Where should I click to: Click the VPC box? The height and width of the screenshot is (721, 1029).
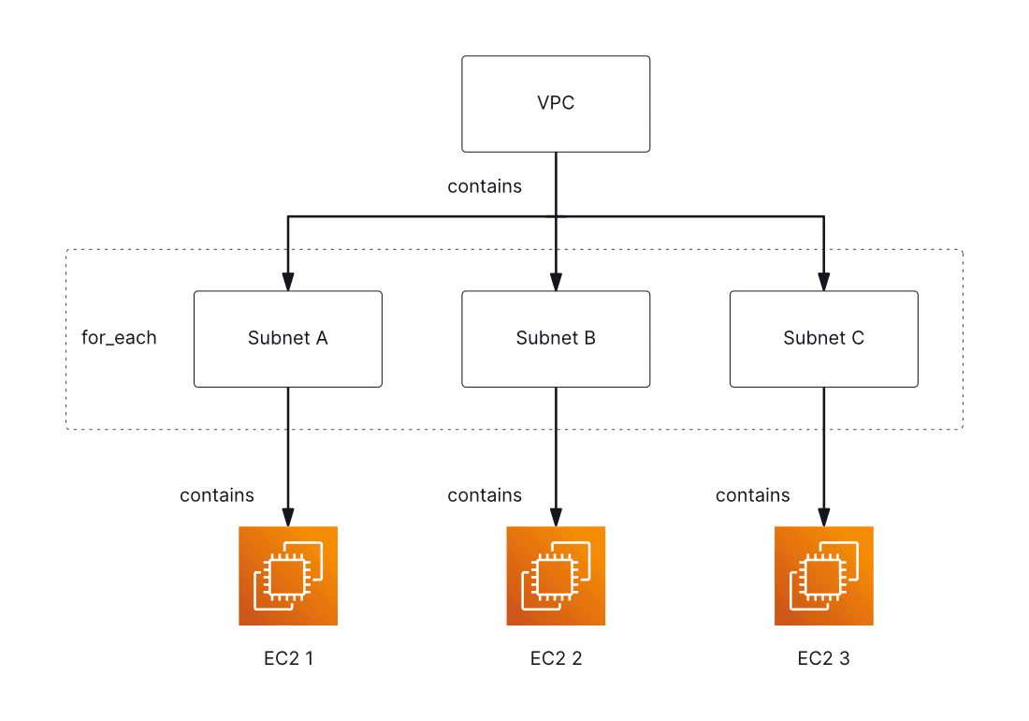click(x=556, y=104)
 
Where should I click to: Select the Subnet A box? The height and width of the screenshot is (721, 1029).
click(x=288, y=339)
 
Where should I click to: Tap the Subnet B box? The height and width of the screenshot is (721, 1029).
click(x=556, y=339)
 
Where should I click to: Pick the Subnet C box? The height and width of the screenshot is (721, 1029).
click(x=823, y=339)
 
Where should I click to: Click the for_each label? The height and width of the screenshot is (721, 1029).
click(x=119, y=338)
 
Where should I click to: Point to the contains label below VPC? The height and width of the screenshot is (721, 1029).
click(x=485, y=186)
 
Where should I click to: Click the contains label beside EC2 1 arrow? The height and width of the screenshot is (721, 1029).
click(x=217, y=495)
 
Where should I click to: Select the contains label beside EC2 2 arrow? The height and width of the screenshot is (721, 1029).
click(x=485, y=495)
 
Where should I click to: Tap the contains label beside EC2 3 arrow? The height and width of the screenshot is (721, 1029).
click(x=752, y=495)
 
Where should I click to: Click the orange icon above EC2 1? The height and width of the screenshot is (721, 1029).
click(x=288, y=576)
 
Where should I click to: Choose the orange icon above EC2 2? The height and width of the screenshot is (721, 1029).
click(x=556, y=576)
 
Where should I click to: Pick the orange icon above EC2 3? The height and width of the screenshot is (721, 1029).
click(x=823, y=576)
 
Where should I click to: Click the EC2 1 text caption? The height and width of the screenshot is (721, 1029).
click(x=288, y=658)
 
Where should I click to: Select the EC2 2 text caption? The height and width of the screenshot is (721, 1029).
click(x=556, y=658)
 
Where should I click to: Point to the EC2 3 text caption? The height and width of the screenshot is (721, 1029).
click(x=823, y=658)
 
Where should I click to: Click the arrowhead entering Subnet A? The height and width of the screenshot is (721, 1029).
click(x=288, y=282)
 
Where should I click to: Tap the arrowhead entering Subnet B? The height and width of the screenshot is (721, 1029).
click(x=556, y=282)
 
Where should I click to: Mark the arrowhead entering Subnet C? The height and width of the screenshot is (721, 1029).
click(x=823, y=282)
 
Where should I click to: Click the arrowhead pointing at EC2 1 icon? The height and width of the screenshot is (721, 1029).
click(x=288, y=517)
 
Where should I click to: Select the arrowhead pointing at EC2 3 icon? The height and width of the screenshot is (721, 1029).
click(x=823, y=517)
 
